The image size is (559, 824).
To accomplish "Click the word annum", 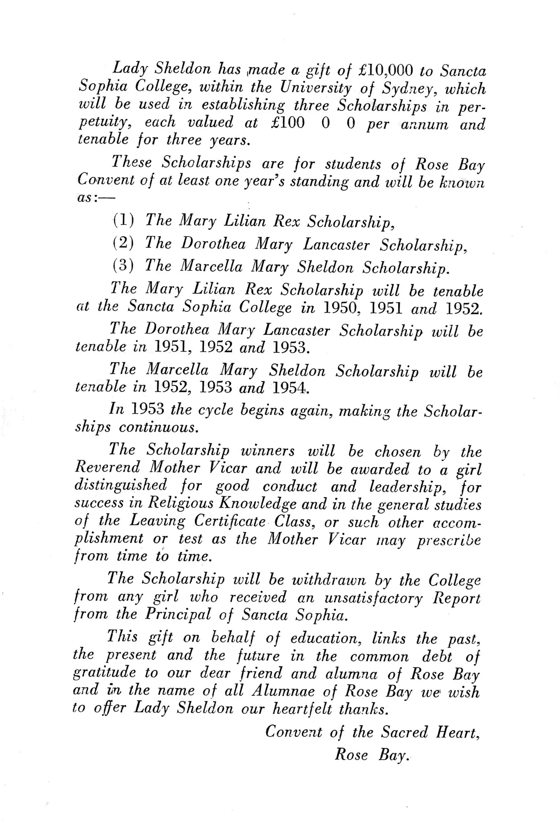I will [424, 124].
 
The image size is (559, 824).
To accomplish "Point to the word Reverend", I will [107, 467].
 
